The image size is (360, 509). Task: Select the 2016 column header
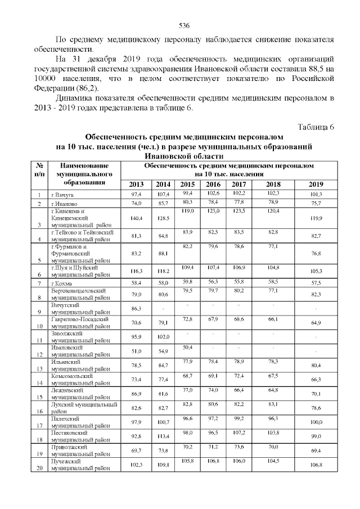coord(213,184)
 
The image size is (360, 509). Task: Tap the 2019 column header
coord(316,184)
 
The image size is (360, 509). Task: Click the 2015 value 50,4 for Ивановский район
coord(188,347)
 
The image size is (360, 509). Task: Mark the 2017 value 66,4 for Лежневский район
coord(238,390)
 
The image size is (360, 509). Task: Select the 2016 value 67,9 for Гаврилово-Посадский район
coord(213,319)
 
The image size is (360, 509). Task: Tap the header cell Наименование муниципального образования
coord(85,174)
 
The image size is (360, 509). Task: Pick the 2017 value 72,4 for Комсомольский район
coord(238,375)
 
